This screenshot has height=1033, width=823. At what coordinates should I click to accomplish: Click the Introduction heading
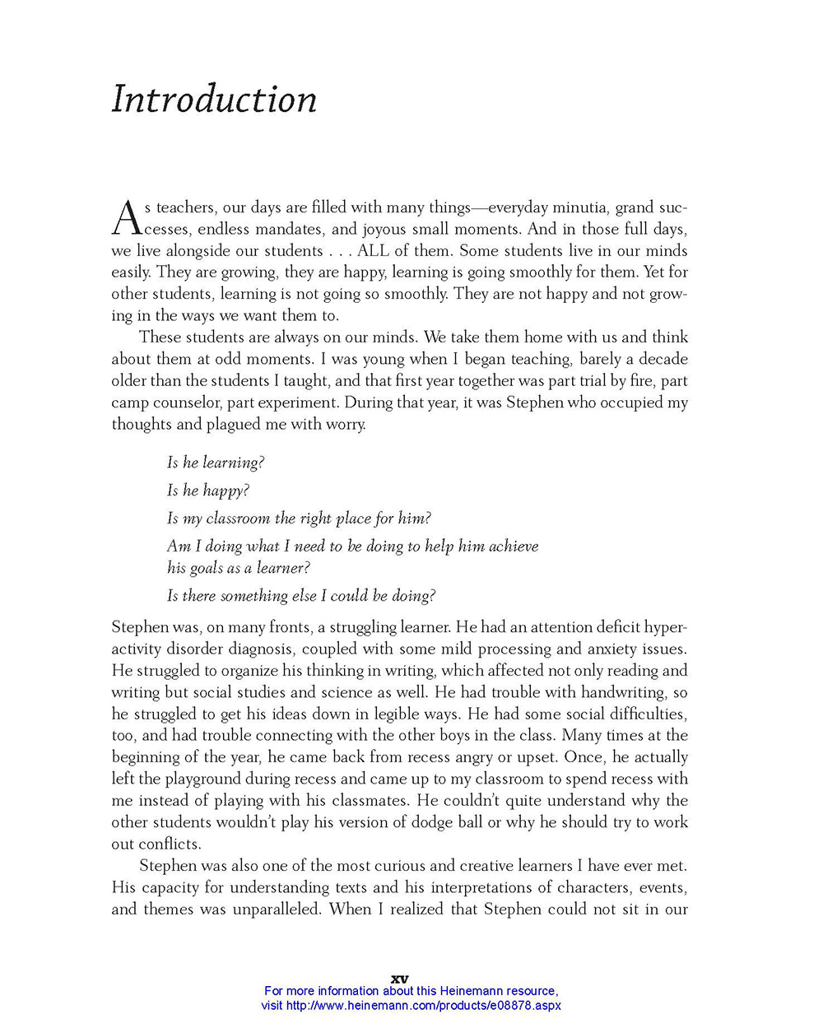214,100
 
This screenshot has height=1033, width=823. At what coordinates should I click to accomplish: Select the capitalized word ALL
373,251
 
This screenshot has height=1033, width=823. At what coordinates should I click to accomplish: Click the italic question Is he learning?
216,463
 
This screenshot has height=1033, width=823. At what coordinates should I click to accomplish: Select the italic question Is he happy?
208,491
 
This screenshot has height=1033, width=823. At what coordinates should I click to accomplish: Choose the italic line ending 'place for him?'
299,519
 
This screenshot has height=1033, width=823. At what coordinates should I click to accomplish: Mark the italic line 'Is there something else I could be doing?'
301,596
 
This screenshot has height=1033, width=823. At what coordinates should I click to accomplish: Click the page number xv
399,979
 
